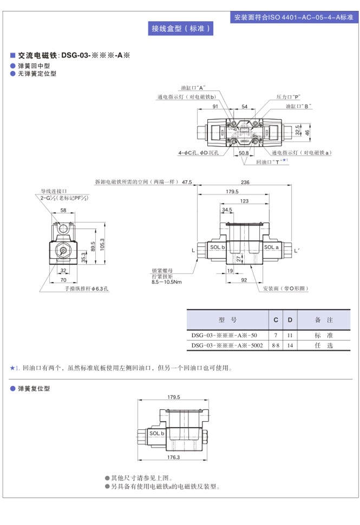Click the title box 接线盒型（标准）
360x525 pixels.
pyautogui.click(x=180, y=29)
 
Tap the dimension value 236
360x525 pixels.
pyautogui.click(x=245, y=182)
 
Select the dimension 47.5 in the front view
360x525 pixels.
pyautogui.click(x=187, y=182)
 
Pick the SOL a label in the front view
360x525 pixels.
pyautogui.click(x=271, y=247)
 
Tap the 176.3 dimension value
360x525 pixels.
pyautogui.click(x=173, y=457)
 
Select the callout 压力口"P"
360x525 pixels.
pyautogui.click(x=288, y=96)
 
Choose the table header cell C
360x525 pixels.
pyautogui.click(x=276, y=320)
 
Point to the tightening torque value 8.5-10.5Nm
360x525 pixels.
pyautogui.click(x=167, y=282)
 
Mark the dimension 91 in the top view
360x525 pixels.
pyautogui.click(x=215, y=107)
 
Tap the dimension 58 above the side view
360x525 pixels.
pyautogui.click(x=63, y=210)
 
